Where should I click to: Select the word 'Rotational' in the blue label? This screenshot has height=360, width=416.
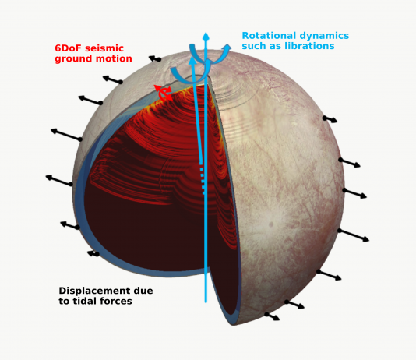coord(269,36)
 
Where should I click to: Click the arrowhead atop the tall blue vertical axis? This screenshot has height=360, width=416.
coord(206,36)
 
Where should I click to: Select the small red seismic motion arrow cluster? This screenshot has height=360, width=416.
coord(164,93)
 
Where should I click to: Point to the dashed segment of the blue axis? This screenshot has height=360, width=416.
coord(203,178)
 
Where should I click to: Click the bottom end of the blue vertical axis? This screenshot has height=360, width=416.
coord(206,302)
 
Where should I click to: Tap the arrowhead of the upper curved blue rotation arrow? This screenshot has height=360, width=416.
coord(226,48)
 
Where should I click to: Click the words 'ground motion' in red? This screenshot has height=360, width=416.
coord(93,58)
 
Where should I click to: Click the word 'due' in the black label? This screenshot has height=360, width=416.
coord(145,291)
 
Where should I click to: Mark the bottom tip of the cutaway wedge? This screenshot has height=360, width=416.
coord(233,325)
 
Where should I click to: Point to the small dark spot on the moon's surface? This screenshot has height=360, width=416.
coord(271,224)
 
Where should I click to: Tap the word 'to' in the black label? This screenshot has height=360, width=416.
coord(64,302)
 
